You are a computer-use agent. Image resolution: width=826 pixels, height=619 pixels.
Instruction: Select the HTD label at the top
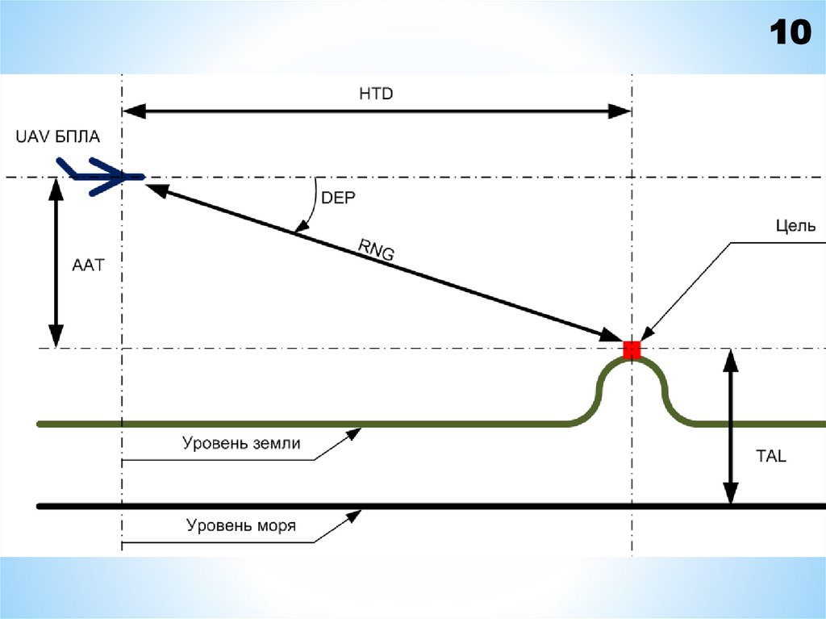(x=375, y=94)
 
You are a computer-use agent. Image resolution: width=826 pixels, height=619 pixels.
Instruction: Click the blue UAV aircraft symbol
(x=101, y=177)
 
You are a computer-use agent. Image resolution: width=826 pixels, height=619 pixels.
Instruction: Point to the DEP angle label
(x=338, y=198)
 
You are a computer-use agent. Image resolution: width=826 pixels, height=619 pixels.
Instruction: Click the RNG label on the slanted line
(x=377, y=253)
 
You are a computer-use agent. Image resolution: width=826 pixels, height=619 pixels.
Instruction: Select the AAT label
(x=89, y=264)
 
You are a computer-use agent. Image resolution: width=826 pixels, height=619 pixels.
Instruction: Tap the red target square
(x=632, y=349)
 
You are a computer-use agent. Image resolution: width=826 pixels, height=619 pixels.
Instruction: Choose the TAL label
(x=770, y=456)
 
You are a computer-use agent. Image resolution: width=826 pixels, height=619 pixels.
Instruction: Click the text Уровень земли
(x=241, y=443)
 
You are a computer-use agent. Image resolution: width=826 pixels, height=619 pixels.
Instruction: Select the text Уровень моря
(x=241, y=526)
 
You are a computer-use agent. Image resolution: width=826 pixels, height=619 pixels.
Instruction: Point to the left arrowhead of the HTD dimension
(x=131, y=112)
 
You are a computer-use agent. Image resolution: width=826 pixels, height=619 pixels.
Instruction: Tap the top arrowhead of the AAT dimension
(x=56, y=186)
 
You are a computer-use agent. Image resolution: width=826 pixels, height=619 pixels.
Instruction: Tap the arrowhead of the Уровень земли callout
(x=354, y=433)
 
